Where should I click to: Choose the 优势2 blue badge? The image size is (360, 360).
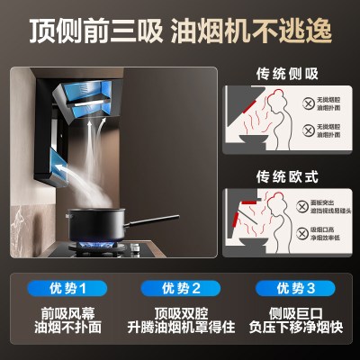(x=180, y=287)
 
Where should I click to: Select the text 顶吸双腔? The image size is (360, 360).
(x=180, y=314)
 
